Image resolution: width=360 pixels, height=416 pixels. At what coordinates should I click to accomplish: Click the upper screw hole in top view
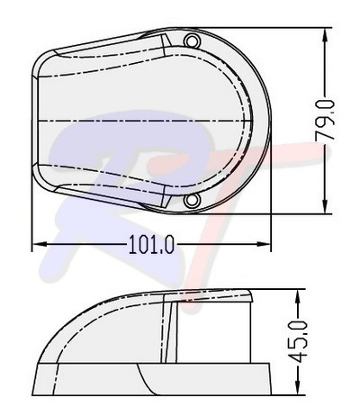point(191,42)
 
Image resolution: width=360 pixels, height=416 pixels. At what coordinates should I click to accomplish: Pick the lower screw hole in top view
point(191,200)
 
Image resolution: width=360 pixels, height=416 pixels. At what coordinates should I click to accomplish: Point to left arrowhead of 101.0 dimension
point(38,244)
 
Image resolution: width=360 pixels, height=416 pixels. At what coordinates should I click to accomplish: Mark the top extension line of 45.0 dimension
point(283,291)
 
